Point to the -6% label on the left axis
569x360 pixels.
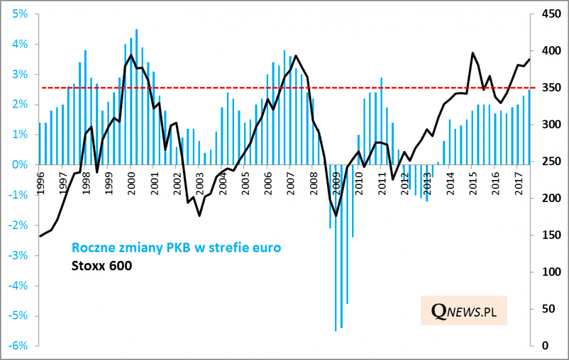(x=17, y=345)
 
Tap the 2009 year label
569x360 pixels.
(x=336, y=183)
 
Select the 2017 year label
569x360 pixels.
(x=518, y=183)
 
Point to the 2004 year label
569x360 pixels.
(x=222, y=183)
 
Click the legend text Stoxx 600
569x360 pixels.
(x=102, y=267)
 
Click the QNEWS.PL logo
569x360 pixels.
(x=462, y=309)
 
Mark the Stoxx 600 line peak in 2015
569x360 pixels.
(x=472, y=53)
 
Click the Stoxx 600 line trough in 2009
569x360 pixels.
(x=336, y=215)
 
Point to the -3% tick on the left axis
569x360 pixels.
(x=17, y=255)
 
